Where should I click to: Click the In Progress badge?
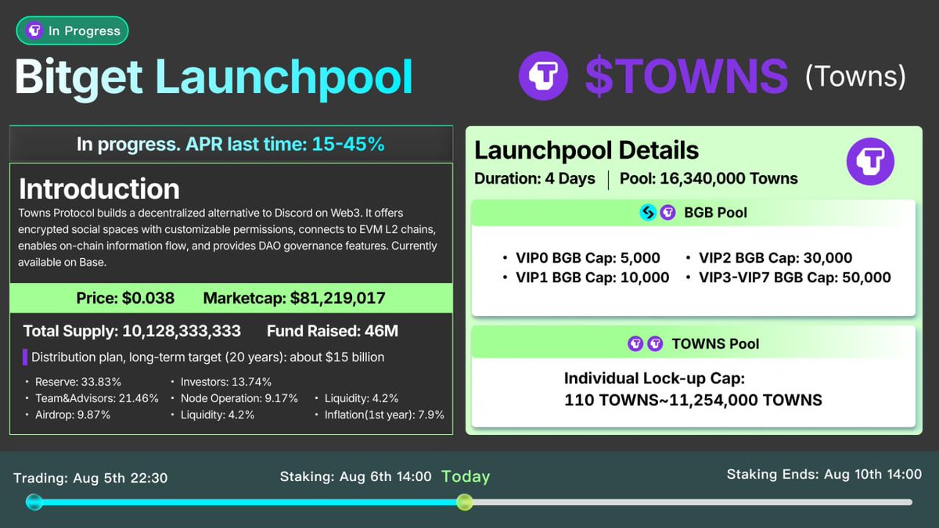[x=72, y=31]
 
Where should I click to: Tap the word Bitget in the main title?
[x=78, y=77]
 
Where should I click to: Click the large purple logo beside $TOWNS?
[x=543, y=76]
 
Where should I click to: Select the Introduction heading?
[x=99, y=189]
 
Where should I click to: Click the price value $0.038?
[x=148, y=298]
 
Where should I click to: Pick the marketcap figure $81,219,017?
[x=337, y=298]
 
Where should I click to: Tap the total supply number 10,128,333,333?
[x=182, y=331]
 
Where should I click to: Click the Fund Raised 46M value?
[x=381, y=331]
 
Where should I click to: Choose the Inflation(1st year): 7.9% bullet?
[x=384, y=415]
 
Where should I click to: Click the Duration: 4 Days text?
[x=534, y=178]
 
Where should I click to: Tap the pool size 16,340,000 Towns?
[x=729, y=178]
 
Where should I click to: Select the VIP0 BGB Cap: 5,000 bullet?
[x=588, y=258]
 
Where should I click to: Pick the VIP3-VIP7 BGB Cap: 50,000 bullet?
[x=794, y=277]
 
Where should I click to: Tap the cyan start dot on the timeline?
[x=34, y=501]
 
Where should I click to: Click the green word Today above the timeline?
[x=466, y=476]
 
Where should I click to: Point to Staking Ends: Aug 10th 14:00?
[x=824, y=474]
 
